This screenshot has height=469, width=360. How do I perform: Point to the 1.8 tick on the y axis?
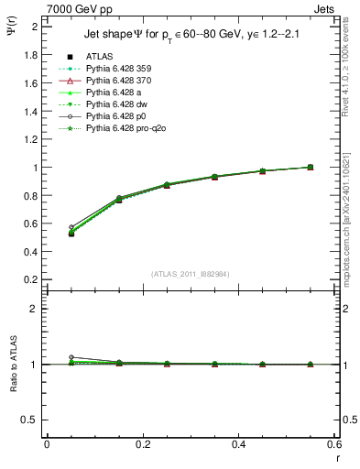pos(31,55)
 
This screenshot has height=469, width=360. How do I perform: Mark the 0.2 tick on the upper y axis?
pos(31,279)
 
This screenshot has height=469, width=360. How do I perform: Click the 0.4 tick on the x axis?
pos(238,444)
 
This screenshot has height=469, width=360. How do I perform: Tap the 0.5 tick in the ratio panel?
pos(31,420)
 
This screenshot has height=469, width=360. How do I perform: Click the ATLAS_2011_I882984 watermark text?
pos(191,274)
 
